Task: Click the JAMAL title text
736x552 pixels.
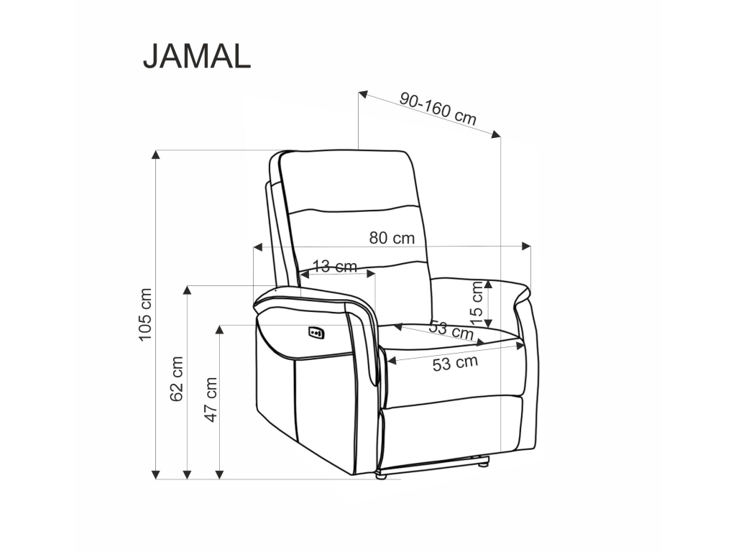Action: click(x=197, y=57)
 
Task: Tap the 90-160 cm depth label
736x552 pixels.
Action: click(x=438, y=109)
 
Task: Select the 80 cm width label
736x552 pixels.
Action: click(x=392, y=238)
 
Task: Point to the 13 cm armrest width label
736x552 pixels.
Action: click(x=335, y=266)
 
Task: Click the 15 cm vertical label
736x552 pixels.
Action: click(x=476, y=304)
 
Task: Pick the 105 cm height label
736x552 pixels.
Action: click(x=145, y=315)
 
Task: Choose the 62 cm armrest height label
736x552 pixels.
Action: click(x=177, y=379)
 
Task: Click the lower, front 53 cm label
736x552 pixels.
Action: click(x=455, y=363)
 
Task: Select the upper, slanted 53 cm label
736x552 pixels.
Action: click(x=451, y=330)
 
